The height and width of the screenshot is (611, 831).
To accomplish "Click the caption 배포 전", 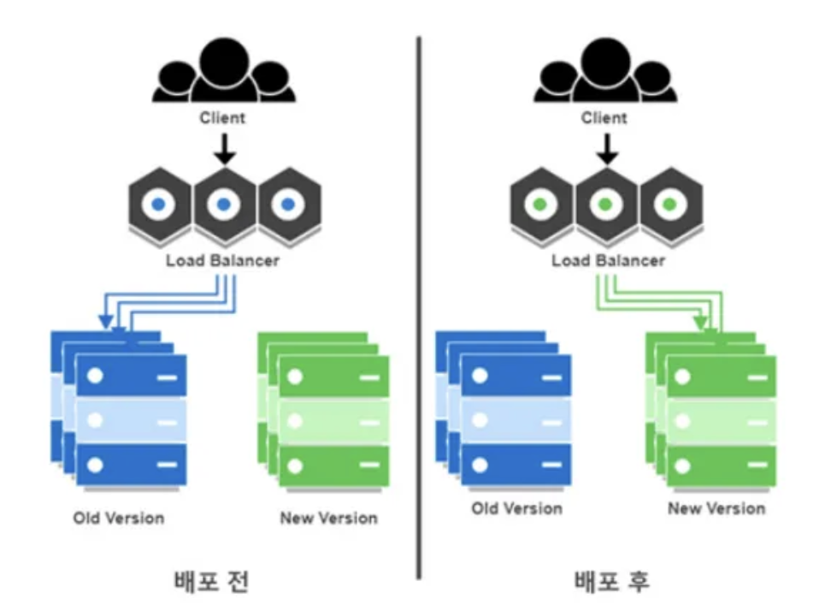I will (210, 581).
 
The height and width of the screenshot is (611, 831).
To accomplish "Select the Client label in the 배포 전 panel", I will (222, 118).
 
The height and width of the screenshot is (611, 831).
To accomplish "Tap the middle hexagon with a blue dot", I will (223, 205).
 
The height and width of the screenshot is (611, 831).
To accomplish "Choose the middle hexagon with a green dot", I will (605, 205).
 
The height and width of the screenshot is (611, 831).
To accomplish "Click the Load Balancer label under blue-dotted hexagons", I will (222, 259).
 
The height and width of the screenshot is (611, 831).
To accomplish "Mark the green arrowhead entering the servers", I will (700, 323).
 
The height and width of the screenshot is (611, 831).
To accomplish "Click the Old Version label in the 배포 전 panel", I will (118, 518).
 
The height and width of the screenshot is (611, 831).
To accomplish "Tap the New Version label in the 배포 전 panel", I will (328, 518).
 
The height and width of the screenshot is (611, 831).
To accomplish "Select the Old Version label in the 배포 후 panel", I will (516, 508).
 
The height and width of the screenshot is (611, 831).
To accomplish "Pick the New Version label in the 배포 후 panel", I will (716, 508).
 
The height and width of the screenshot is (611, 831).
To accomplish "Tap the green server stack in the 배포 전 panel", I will (323, 411).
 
